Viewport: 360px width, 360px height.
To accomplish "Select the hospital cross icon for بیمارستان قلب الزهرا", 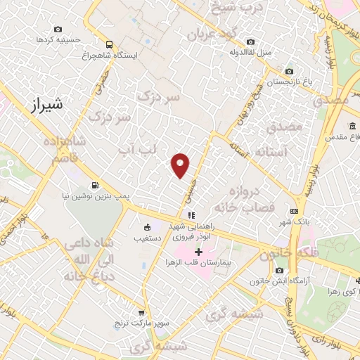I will (x=198, y=252).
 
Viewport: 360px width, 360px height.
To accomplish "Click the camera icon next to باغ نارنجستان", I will (x=289, y=71).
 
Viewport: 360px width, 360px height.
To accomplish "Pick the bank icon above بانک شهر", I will (x=294, y=210).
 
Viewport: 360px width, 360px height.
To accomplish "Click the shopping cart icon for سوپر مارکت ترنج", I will (x=141, y=313).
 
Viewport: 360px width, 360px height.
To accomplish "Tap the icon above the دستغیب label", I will (x=147, y=227).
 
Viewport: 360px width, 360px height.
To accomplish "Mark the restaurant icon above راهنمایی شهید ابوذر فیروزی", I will (x=190, y=215).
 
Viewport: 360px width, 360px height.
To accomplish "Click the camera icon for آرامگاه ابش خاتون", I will (x=280, y=271).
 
